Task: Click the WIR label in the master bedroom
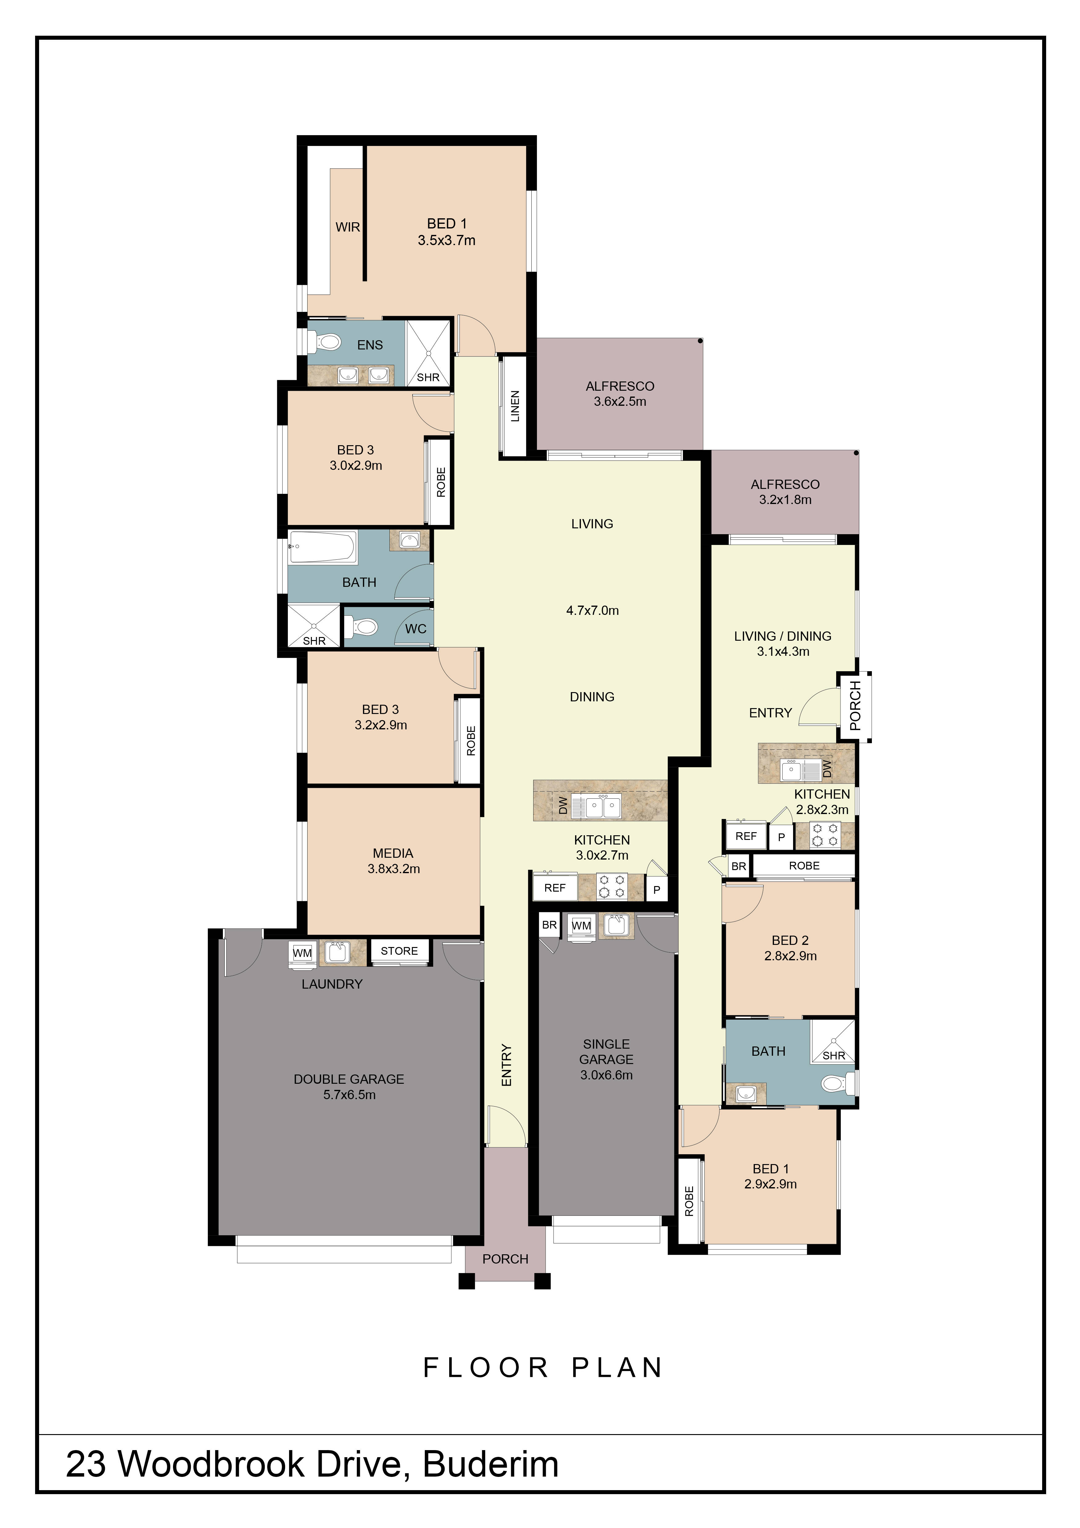pos(347,227)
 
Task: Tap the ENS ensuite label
pos(370,345)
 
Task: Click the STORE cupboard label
pos(399,951)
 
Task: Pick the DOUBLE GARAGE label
pos(349,1079)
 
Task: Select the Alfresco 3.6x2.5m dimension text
pos(620,401)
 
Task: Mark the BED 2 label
pos(790,940)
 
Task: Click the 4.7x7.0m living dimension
pos(592,610)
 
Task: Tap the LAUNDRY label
pos(332,984)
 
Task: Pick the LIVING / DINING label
pos(783,635)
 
